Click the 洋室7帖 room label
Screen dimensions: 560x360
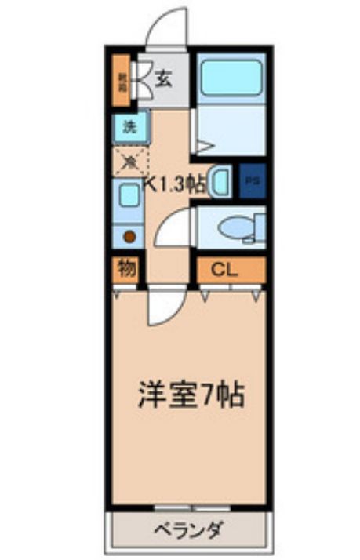pyautogui.click(x=191, y=394)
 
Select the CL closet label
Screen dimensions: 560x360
pyautogui.click(x=224, y=270)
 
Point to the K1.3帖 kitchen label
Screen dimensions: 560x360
pyautogui.click(x=176, y=185)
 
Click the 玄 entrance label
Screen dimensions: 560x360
pyautogui.click(x=162, y=78)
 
